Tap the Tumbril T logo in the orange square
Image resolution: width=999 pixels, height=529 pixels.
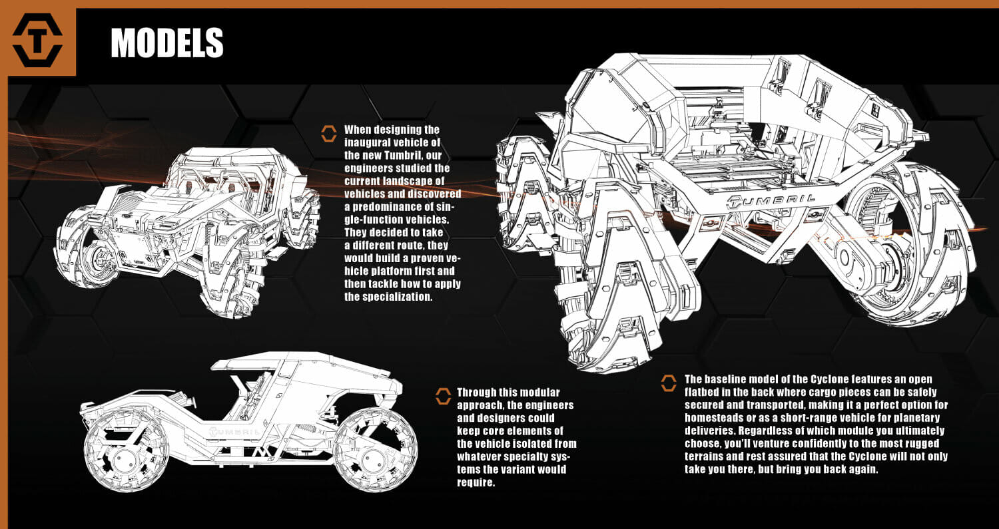pos(37,41)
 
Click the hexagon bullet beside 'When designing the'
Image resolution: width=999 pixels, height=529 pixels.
pos(328,133)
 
